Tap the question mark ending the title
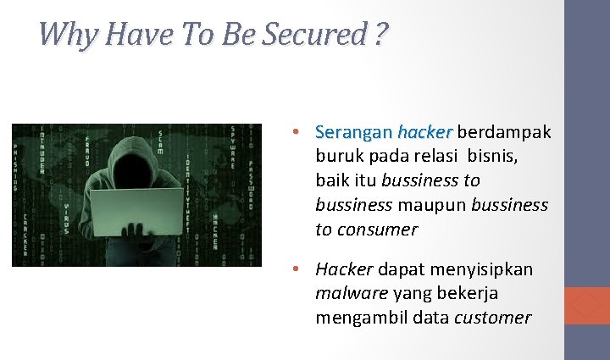pyautogui.click(x=381, y=35)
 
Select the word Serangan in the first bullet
pyautogui.click(x=353, y=132)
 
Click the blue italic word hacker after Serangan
pyautogui.click(x=424, y=132)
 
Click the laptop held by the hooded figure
pyautogui.click(x=136, y=210)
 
